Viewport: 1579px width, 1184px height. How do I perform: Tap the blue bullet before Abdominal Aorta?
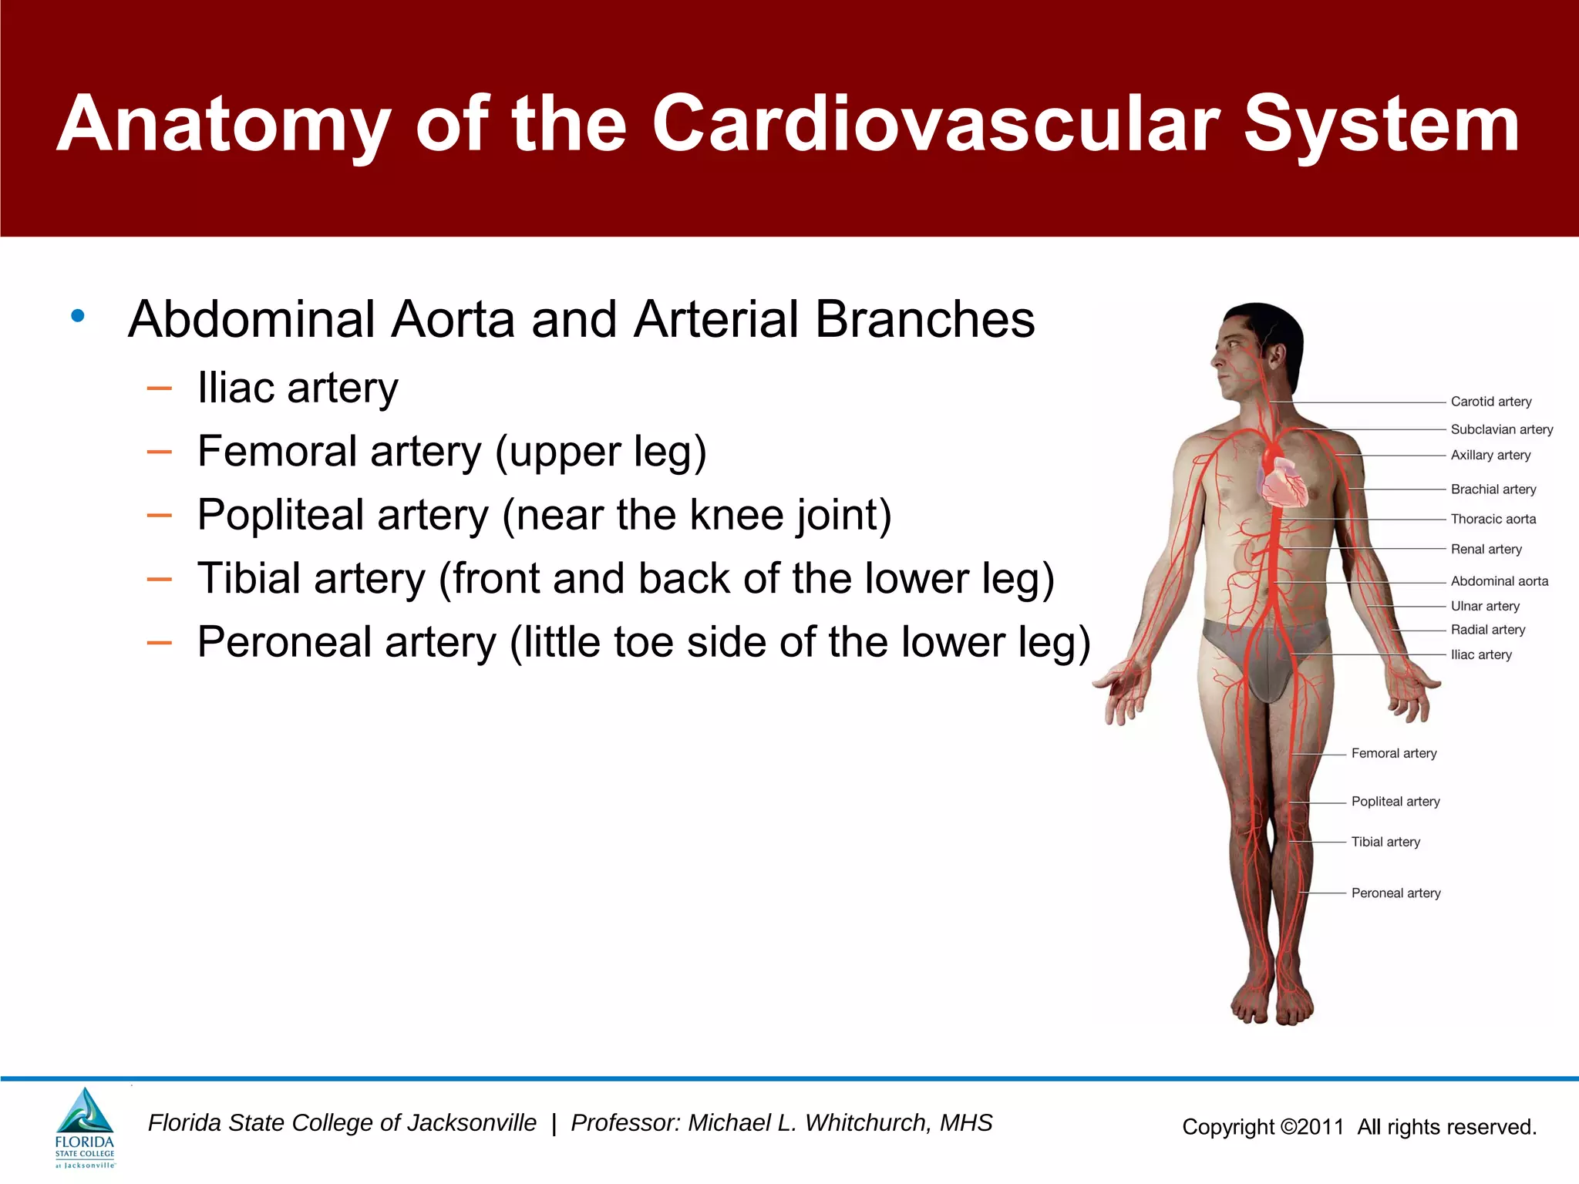pyautogui.click(x=77, y=316)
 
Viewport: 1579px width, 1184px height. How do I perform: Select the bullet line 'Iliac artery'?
pyautogui.click(x=298, y=388)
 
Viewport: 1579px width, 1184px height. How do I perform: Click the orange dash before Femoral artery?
pyautogui.click(x=159, y=452)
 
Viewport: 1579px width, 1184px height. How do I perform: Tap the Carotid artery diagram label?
pyautogui.click(x=1490, y=402)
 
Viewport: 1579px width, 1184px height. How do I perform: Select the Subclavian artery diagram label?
pyautogui.click(x=1501, y=429)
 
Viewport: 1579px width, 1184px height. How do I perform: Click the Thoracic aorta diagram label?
pyautogui.click(x=1493, y=520)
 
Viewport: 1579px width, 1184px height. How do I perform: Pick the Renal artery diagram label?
pyautogui.click(x=1486, y=550)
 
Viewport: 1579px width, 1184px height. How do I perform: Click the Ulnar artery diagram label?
pyautogui.click(x=1484, y=606)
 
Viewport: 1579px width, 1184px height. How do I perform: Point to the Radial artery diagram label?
pyautogui.click(x=1487, y=630)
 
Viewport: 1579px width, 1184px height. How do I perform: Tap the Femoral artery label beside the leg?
pyautogui.click(x=1393, y=753)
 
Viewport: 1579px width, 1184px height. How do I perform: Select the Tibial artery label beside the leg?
pyautogui.click(x=1385, y=842)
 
